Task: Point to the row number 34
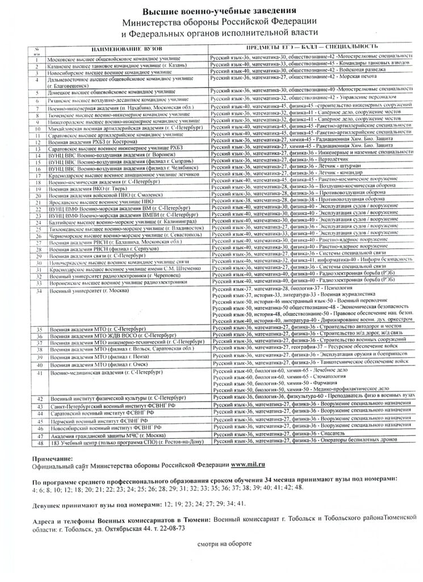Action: (x=37, y=290)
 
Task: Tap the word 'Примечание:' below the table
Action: (x=53, y=458)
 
